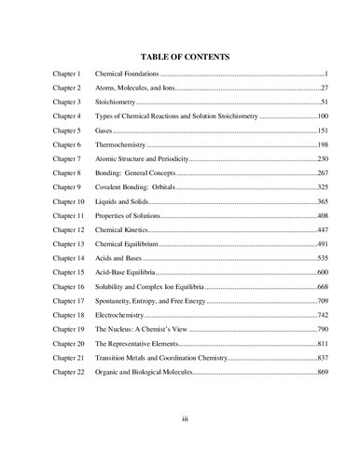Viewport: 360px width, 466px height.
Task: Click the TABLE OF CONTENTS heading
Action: click(x=179, y=55)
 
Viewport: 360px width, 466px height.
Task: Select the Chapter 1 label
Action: click(x=67, y=73)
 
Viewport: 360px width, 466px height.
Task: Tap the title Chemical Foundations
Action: click(x=129, y=73)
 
